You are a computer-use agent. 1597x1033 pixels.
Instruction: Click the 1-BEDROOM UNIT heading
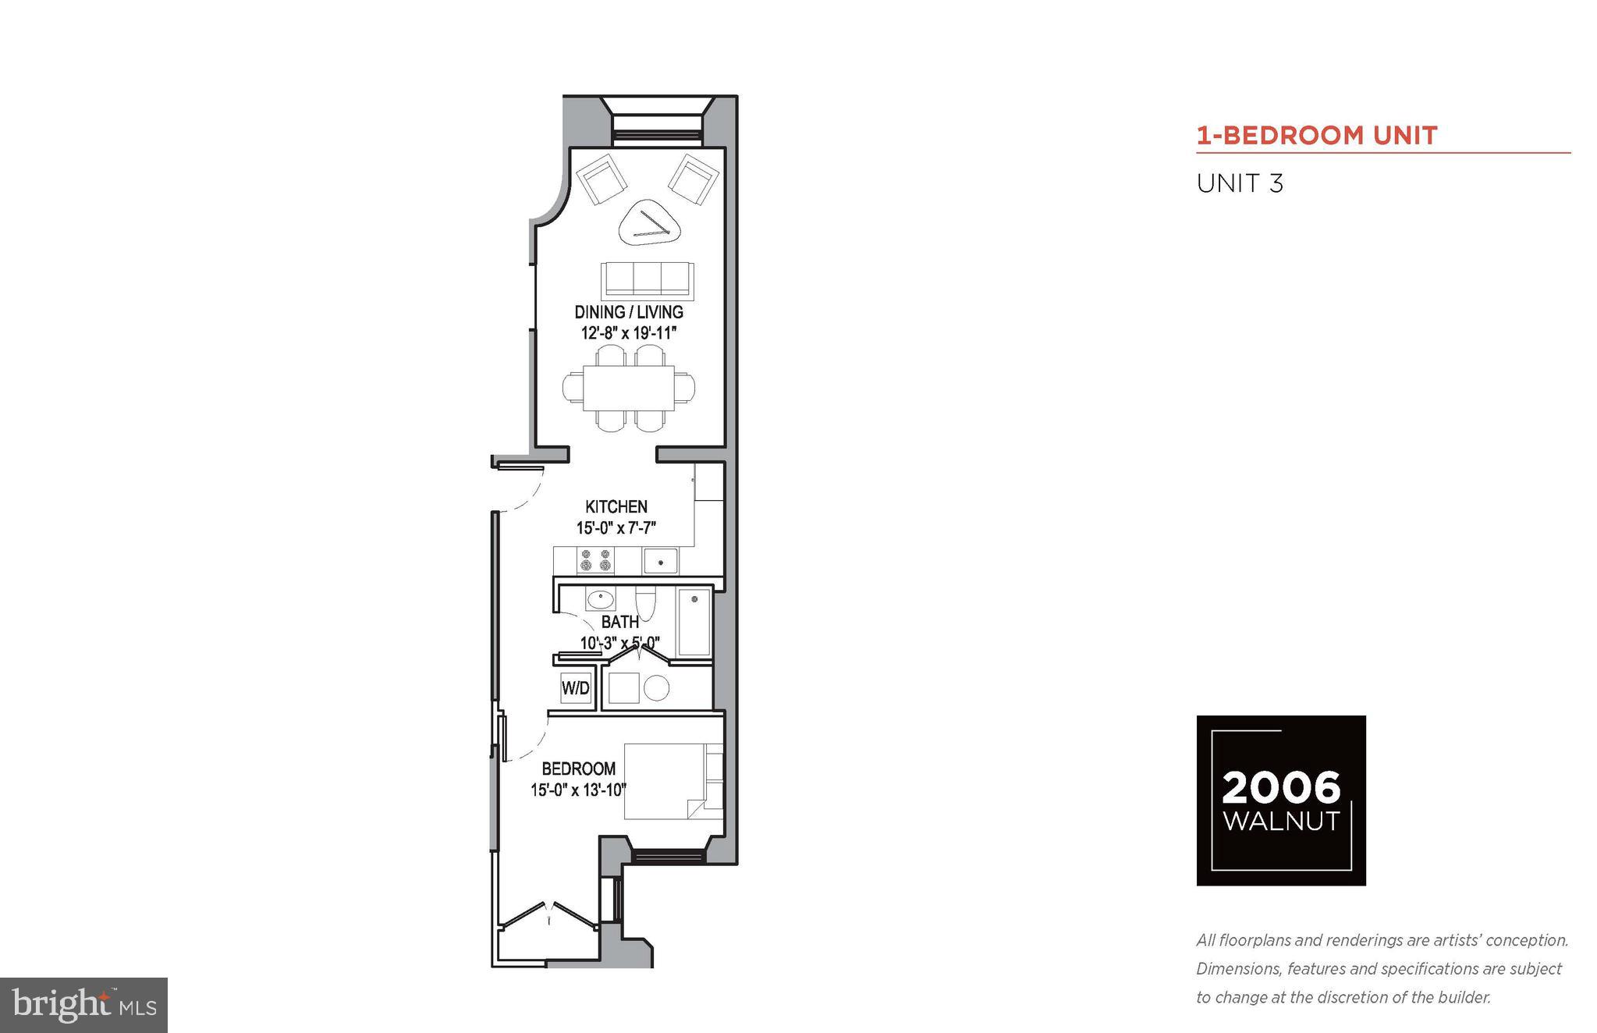(x=1316, y=136)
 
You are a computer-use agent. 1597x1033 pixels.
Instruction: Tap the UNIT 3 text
(x=1240, y=184)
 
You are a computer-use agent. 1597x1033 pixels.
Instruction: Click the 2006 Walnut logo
(x=1280, y=800)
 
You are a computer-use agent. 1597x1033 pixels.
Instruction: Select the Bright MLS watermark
(x=83, y=1005)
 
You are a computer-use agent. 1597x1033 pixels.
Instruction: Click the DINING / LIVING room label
(x=628, y=312)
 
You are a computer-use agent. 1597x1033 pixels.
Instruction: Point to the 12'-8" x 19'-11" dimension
(x=628, y=333)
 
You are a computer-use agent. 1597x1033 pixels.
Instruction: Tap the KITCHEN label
(x=616, y=506)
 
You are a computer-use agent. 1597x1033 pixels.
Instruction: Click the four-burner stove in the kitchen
(x=595, y=559)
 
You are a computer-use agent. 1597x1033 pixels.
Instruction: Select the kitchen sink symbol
(x=660, y=560)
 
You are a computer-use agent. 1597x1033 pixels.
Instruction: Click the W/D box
(x=576, y=688)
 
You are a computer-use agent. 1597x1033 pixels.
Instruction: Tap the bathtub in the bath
(x=694, y=622)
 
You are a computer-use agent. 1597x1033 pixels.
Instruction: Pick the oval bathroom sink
(x=599, y=599)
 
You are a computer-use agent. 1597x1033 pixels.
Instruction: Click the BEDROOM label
(x=578, y=769)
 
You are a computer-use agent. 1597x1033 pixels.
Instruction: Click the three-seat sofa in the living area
(x=647, y=278)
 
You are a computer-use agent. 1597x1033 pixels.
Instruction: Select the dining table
(x=629, y=388)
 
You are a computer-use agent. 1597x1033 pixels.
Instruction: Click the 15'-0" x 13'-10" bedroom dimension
(x=578, y=790)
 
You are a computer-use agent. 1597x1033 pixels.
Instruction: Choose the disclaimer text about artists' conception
(x=1382, y=968)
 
